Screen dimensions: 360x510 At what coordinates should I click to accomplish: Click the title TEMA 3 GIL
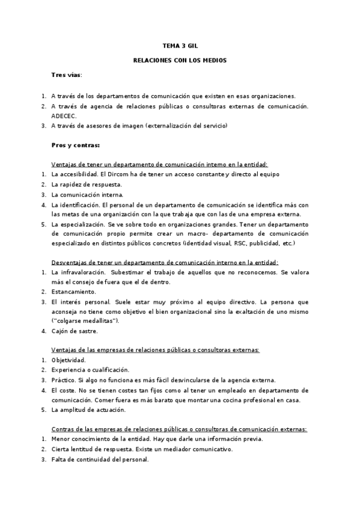coord(180,45)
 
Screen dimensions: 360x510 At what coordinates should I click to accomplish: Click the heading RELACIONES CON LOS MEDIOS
coord(180,60)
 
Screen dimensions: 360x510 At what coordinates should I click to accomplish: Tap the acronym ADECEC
coord(65,115)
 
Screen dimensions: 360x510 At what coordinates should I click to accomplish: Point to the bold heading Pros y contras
coord(75,145)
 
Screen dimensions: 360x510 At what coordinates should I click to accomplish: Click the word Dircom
coord(113,174)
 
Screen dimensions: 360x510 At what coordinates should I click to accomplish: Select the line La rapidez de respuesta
coord(87,184)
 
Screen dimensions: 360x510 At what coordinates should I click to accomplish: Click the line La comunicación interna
coord(87,194)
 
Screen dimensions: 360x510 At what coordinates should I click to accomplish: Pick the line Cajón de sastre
coord(75,331)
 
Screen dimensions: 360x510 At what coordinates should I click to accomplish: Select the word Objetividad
coord(69,360)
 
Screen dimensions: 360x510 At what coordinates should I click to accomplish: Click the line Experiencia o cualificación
coord(90,370)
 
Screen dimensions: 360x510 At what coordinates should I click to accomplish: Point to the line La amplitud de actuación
coord(88,410)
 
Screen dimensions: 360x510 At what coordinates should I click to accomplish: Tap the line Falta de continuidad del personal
coord(99,459)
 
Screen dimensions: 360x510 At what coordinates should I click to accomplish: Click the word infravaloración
coord(79,272)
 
